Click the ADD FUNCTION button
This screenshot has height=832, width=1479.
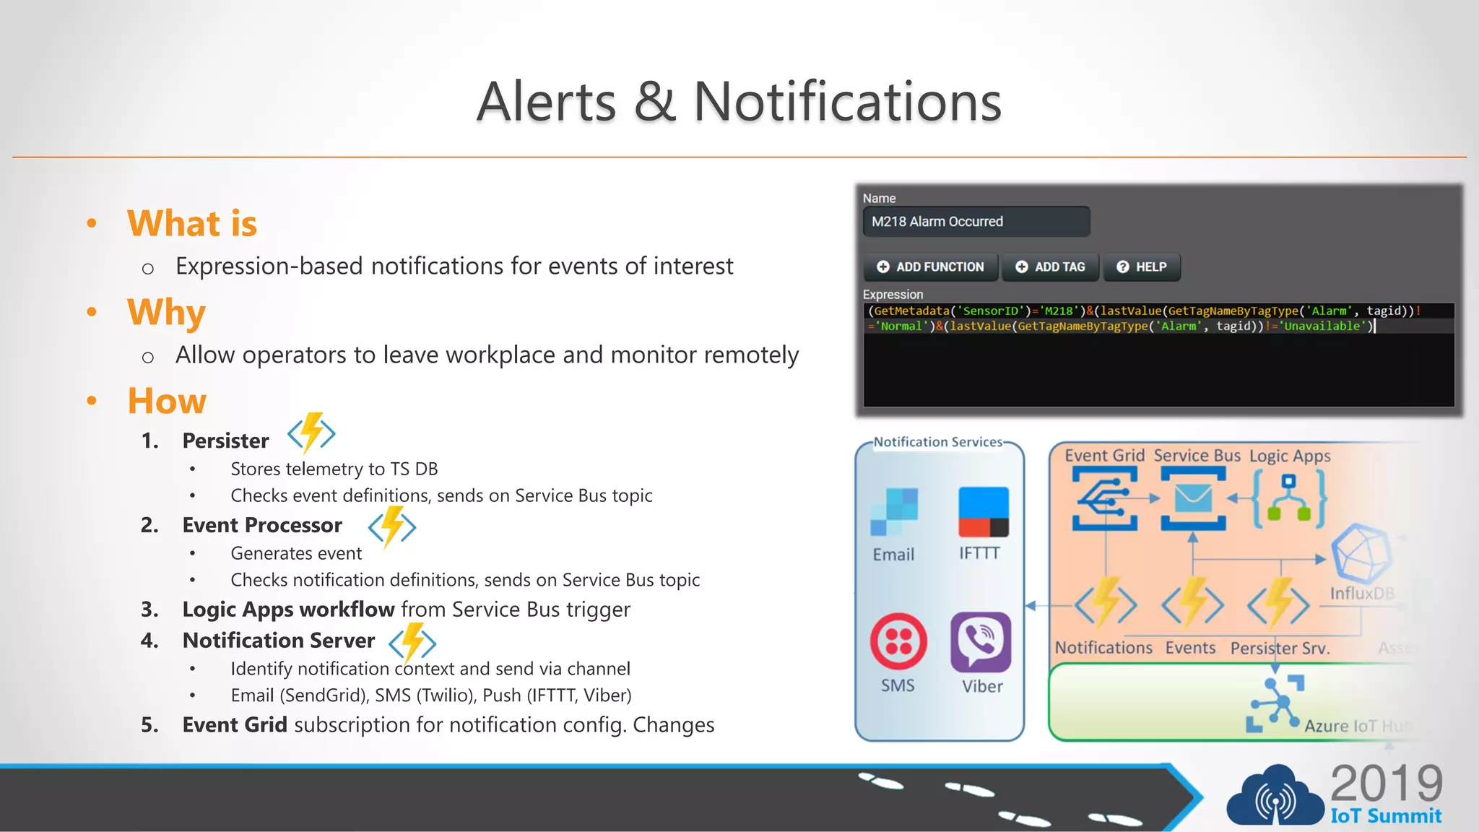pos(932,267)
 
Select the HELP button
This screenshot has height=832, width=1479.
pos(1142,267)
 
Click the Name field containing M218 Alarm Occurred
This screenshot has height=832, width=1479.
pos(976,222)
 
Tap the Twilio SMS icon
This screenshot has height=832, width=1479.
pos(898,641)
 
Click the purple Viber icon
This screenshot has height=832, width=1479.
pos(981,641)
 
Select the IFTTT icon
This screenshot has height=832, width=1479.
pos(983,511)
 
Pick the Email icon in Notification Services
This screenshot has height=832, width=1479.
pos(894,511)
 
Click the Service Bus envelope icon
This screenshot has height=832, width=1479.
pos(1193,498)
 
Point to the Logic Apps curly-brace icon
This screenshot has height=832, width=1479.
pos(1289,498)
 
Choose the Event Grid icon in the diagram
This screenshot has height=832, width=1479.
pos(1105,498)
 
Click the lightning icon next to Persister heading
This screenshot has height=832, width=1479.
pos(311,433)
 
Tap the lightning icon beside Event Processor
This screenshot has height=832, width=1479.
pos(392,526)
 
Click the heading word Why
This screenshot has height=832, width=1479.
pos(166,312)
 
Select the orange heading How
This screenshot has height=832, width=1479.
pos(167,401)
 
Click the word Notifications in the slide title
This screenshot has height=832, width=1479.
pos(847,102)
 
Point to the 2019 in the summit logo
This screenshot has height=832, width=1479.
pos(1386,783)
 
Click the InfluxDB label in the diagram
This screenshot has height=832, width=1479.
pos(1362,594)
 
